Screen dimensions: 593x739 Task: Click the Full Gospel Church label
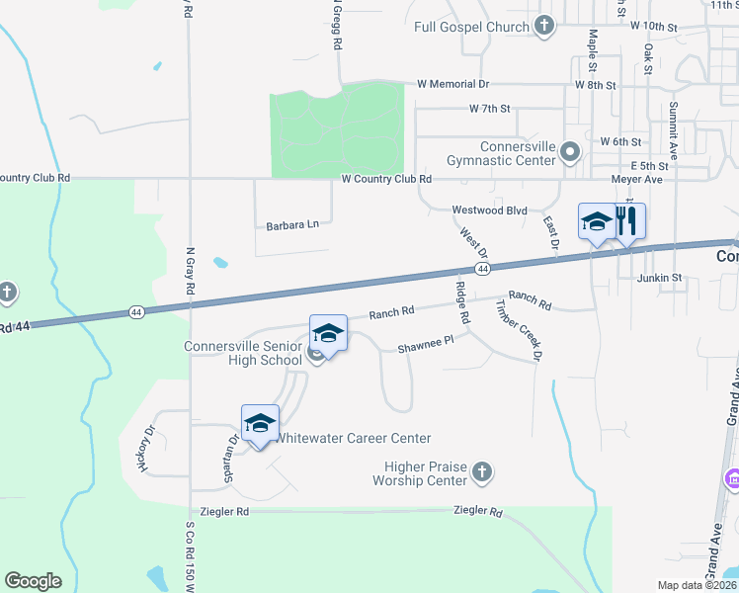tap(472, 27)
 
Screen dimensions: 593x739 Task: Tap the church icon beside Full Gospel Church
tap(543, 27)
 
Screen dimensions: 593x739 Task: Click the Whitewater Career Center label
tap(353, 438)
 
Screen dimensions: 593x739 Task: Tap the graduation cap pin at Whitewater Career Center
tap(260, 424)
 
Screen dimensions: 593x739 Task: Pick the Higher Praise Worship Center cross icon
tap(481, 471)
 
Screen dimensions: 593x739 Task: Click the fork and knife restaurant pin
tap(627, 222)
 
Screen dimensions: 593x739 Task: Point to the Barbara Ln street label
tap(292, 225)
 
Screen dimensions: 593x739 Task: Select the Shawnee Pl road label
tap(425, 347)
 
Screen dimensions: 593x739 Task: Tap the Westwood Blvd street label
tap(489, 211)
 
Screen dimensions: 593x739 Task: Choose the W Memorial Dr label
tap(452, 85)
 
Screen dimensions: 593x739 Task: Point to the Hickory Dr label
tap(149, 448)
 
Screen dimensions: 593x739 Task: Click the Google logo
tap(33, 581)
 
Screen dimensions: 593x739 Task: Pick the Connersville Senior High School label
tap(243, 353)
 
